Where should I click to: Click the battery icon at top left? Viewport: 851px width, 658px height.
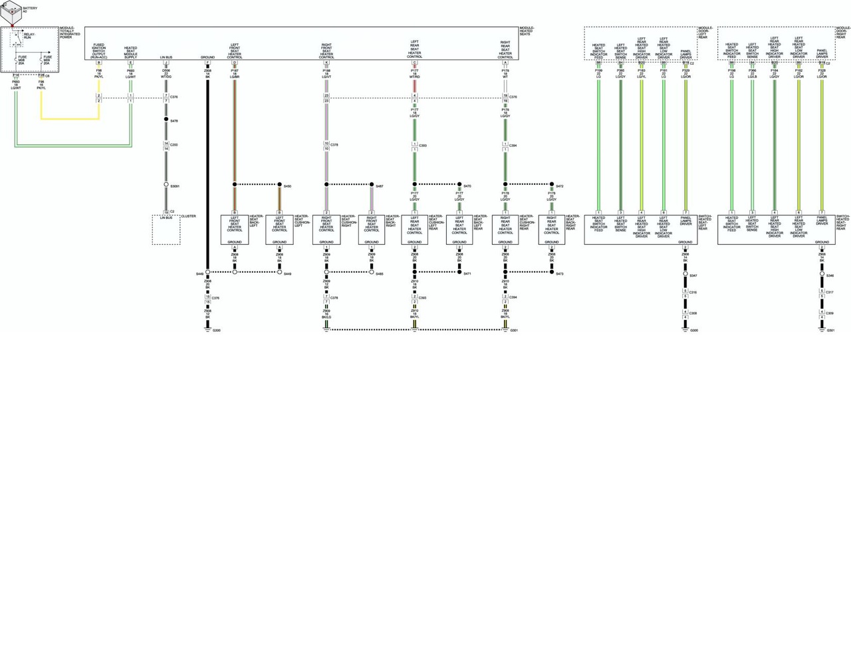point(11,12)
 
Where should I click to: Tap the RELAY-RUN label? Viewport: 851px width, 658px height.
point(29,35)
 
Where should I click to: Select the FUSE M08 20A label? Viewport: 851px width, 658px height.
point(22,60)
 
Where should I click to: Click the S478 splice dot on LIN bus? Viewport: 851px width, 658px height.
point(166,120)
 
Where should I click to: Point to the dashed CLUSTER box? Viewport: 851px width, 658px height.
point(166,230)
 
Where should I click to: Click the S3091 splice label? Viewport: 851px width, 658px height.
point(175,186)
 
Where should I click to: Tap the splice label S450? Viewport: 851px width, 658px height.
point(287,186)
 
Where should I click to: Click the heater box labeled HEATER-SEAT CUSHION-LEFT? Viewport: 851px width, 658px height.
point(279,230)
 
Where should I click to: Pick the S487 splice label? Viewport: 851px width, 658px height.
point(379,186)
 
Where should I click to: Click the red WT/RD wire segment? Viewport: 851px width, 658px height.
point(415,86)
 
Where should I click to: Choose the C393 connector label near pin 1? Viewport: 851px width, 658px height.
point(423,146)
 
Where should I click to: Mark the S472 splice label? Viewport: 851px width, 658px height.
point(559,186)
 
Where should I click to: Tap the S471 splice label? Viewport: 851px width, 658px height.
point(467,273)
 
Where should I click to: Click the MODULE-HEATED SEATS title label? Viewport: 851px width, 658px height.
point(527,31)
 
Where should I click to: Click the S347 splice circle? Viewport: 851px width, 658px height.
point(685,273)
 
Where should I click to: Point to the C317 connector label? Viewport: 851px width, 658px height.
point(830,292)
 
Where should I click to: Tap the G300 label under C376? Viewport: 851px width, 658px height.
point(217,331)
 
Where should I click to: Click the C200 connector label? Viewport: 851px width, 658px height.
point(174,144)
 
